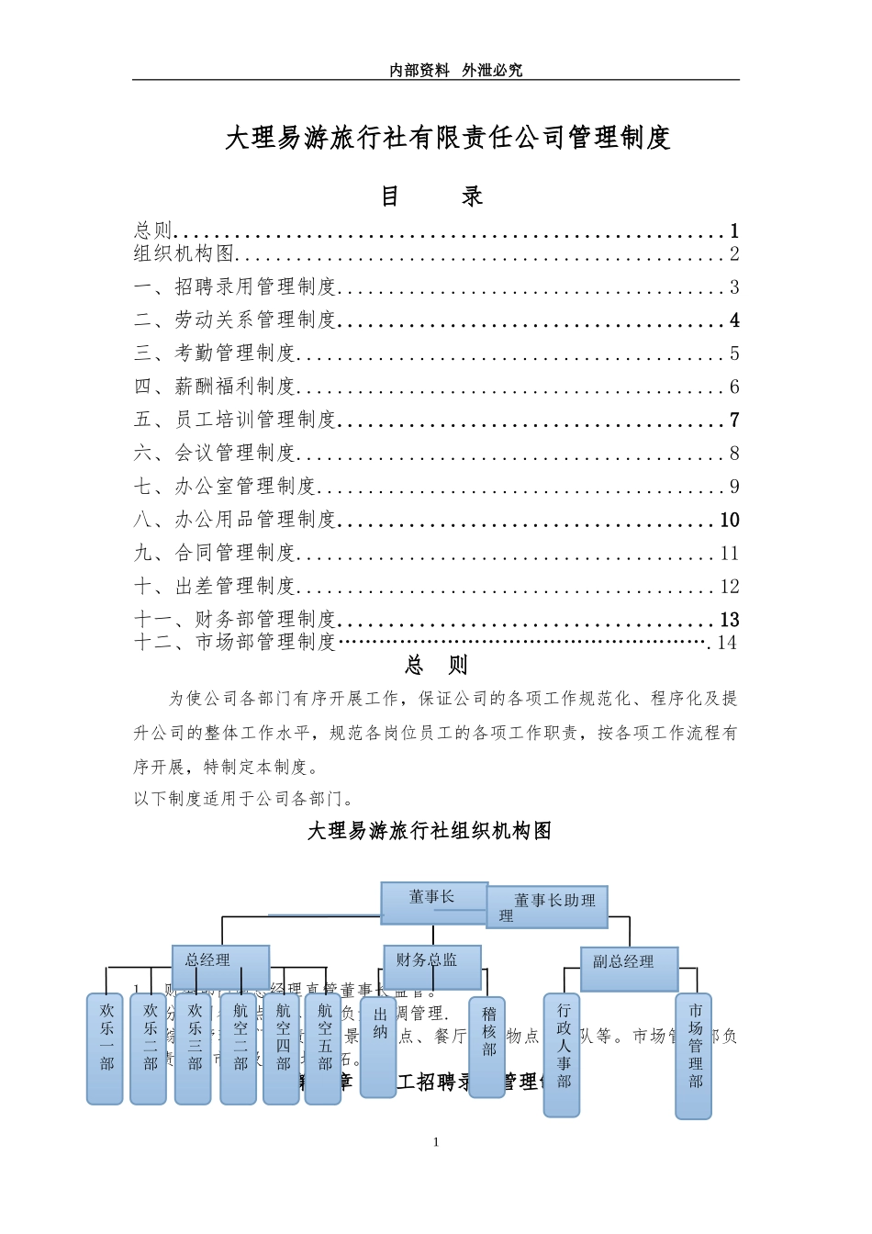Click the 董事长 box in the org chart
tap(432, 900)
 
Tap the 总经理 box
tap(220, 966)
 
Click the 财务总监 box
tap(431, 966)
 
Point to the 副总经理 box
tap(629, 968)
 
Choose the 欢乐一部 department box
tap(106, 1048)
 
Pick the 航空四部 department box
tap(282, 1048)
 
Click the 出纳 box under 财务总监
tap(378, 1046)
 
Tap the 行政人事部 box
tap(562, 1054)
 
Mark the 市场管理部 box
tap(694, 1056)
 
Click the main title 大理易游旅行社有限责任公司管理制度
tap(448, 138)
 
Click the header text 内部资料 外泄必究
tap(455, 70)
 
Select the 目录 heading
tap(431, 196)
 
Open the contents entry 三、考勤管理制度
tap(215, 353)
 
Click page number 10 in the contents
tap(730, 521)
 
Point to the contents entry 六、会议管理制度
tap(215, 454)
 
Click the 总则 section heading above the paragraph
tap(437, 665)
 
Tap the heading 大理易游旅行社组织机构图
tap(430, 831)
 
